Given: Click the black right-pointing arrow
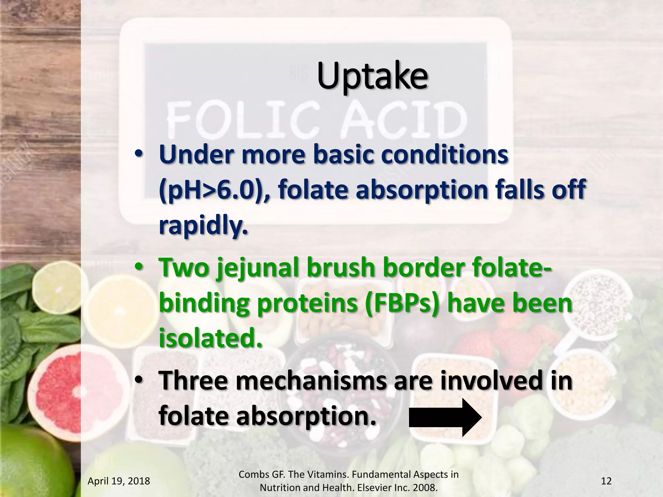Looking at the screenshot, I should (445, 417).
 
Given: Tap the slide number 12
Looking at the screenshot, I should (606, 481).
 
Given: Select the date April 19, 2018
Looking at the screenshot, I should (119, 481).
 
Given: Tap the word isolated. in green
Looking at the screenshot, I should (210, 338).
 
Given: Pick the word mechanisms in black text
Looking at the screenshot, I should (311, 381).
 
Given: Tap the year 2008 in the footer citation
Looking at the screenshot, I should (424, 488).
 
